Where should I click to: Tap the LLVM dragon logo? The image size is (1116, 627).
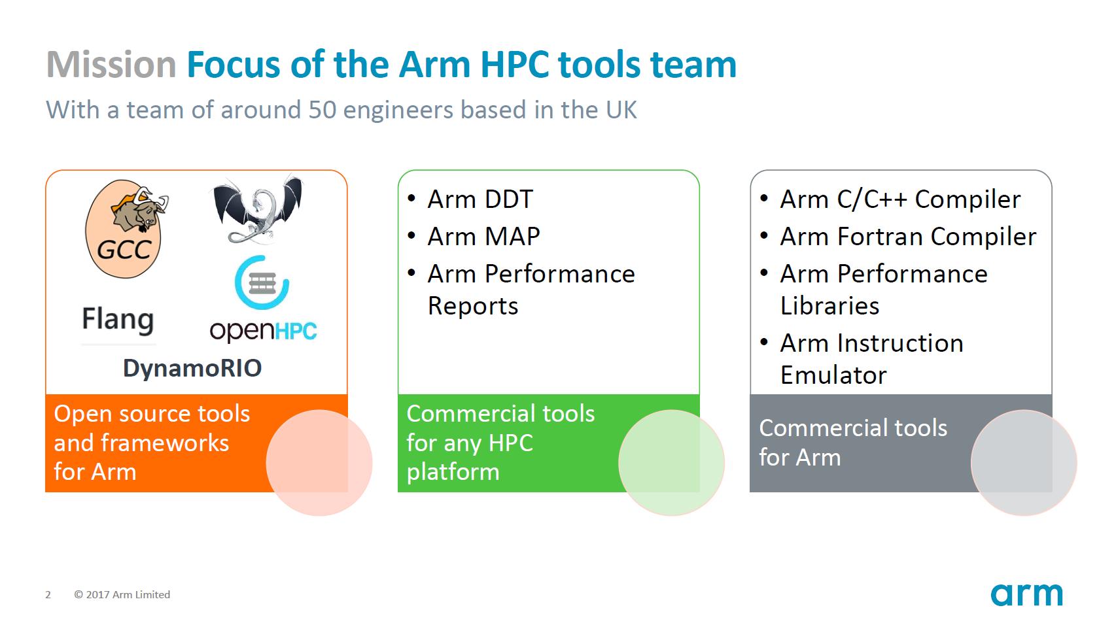coord(258,209)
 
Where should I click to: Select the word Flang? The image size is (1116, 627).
coord(118,320)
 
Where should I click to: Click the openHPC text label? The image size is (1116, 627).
coord(263,330)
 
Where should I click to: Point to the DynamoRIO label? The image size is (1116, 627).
coord(192,368)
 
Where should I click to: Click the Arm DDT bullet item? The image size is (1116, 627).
coord(480,199)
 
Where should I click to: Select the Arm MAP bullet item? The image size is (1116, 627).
coord(483,237)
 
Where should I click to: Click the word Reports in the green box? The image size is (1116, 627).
coord(473,306)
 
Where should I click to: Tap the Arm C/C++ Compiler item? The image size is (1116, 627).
coord(900,199)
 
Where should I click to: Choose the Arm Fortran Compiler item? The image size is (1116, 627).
coord(908,237)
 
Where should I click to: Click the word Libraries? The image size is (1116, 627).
coord(829,306)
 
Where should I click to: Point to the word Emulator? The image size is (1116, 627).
coord(833,375)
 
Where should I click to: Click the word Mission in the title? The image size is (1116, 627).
coord(111,65)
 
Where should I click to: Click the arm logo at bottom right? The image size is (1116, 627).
coord(1026,594)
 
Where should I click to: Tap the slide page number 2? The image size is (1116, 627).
coord(48,594)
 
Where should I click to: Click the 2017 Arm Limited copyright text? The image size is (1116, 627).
coord(122,594)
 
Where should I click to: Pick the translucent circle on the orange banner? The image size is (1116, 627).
coord(319,463)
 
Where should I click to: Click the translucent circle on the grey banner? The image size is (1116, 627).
coord(1024,463)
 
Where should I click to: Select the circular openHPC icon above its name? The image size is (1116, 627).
coord(262,282)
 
